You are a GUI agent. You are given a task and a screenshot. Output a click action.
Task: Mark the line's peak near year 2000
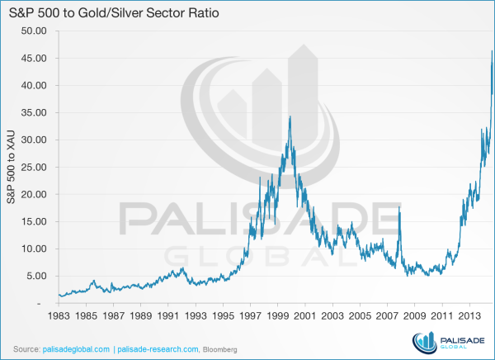tap(290, 116)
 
